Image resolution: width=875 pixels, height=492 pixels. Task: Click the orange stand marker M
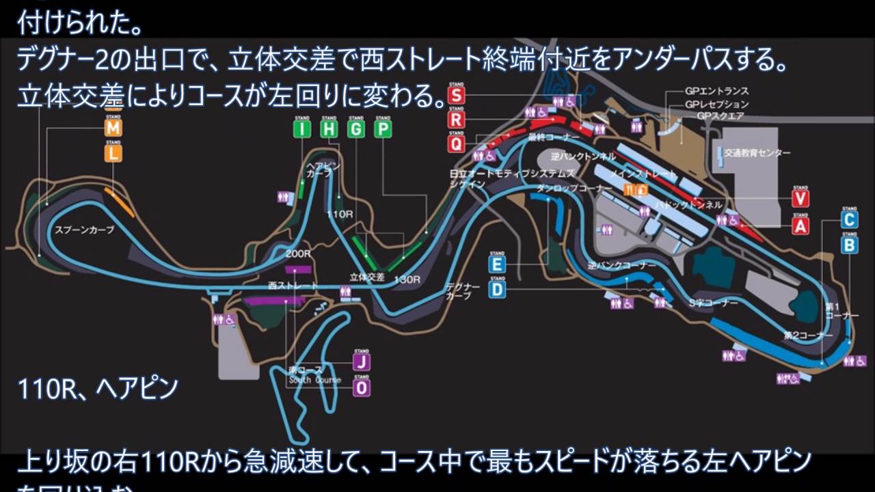pyautogui.click(x=113, y=128)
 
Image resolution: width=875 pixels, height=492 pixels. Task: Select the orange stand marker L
pyautogui.click(x=113, y=154)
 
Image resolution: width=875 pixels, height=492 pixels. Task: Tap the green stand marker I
pyautogui.click(x=302, y=129)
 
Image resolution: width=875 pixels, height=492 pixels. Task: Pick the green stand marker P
pyautogui.click(x=383, y=129)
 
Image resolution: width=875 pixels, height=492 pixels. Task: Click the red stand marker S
pyautogui.click(x=457, y=95)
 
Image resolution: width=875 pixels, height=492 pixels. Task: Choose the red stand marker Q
pyautogui.click(x=457, y=143)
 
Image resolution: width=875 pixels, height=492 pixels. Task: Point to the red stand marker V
pyautogui.click(x=800, y=198)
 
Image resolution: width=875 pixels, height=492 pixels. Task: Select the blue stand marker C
pyautogui.click(x=849, y=219)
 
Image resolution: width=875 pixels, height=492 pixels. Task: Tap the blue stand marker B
pyautogui.click(x=849, y=244)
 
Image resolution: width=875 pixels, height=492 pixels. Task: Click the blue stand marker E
pyautogui.click(x=498, y=264)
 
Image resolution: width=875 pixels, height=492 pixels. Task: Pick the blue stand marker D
pyautogui.click(x=498, y=290)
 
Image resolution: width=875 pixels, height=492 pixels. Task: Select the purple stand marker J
pyautogui.click(x=362, y=361)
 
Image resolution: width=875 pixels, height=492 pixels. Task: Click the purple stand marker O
pyautogui.click(x=362, y=387)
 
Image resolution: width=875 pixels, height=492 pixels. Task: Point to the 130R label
pyautogui.click(x=407, y=279)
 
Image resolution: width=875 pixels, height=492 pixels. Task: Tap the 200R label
pyautogui.click(x=299, y=254)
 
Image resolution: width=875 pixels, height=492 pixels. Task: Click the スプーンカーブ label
pyautogui.click(x=84, y=230)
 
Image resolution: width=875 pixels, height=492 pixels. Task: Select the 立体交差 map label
pyautogui.click(x=367, y=277)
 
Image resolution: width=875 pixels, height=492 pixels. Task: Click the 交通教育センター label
pyautogui.click(x=757, y=153)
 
